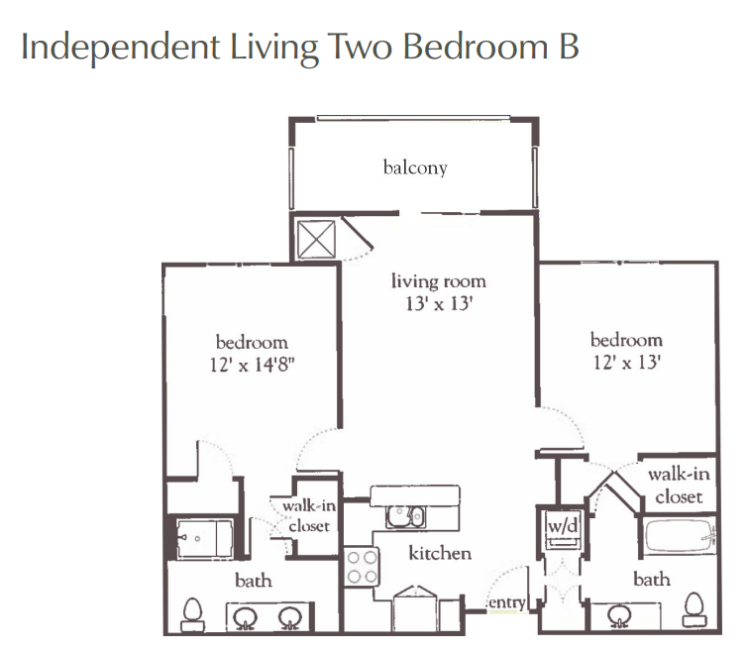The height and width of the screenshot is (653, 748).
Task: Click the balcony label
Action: (x=415, y=167)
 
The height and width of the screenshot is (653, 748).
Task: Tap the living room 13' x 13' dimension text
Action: (x=439, y=303)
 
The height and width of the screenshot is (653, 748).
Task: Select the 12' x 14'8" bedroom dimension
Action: (x=252, y=365)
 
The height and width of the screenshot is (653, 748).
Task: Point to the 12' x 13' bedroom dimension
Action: (x=626, y=363)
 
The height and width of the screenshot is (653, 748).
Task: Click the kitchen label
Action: (x=440, y=553)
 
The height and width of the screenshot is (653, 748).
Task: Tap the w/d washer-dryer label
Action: (x=563, y=526)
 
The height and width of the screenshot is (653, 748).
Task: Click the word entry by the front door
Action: (x=506, y=602)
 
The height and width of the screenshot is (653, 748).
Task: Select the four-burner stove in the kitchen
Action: (x=362, y=567)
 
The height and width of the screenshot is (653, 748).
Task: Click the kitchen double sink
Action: (x=405, y=516)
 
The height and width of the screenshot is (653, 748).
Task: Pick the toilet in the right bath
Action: (x=695, y=609)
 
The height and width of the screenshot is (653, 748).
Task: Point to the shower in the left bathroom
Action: (x=205, y=539)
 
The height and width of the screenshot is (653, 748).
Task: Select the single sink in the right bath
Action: (x=620, y=616)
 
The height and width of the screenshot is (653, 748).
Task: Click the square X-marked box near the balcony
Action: (x=316, y=239)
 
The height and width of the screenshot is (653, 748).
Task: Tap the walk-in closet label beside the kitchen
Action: (x=309, y=515)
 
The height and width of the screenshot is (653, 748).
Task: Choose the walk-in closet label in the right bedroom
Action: (x=679, y=487)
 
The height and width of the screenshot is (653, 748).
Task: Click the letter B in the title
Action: (x=569, y=47)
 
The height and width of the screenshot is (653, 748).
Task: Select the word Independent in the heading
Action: (x=121, y=47)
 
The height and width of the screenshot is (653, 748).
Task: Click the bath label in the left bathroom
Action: (x=254, y=581)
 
